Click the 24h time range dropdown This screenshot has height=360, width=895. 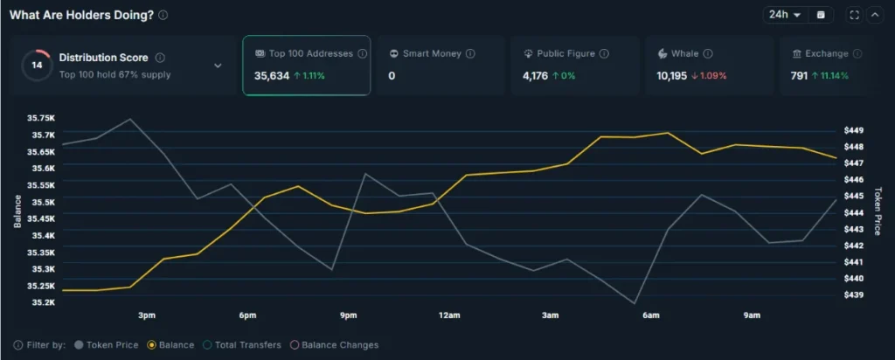785,15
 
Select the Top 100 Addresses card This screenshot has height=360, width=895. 306,65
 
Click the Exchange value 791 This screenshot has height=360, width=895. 799,76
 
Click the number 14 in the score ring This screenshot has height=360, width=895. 37,66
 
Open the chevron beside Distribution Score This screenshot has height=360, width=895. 218,66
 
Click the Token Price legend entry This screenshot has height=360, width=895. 108,345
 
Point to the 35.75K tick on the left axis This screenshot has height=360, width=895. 41,118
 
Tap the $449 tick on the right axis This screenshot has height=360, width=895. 853,130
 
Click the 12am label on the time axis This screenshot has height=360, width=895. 449,315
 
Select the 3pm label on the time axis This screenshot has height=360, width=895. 147,315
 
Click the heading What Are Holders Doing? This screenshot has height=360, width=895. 82,15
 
